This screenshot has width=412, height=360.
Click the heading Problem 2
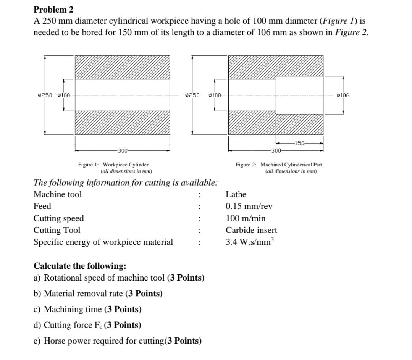tap(48, 9)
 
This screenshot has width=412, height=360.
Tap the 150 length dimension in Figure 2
tap(300, 144)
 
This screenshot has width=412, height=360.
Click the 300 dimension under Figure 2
tap(276, 150)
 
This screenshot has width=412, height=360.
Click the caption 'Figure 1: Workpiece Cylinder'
tap(113, 165)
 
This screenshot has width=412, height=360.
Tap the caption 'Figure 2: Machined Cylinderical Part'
tap(279, 165)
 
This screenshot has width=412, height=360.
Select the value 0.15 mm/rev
tap(249, 207)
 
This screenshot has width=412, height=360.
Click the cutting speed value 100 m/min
tap(246, 219)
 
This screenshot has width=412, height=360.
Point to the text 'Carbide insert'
tap(251, 230)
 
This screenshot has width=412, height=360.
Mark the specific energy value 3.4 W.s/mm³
tap(250, 242)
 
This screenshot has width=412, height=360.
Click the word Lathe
tap(236, 194)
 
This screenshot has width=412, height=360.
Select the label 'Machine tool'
tap(58, 194)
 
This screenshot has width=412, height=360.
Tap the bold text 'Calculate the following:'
tap(80, 266)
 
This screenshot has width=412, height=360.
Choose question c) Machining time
tap(87, 309)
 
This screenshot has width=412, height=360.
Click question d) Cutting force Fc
tap(87, 325)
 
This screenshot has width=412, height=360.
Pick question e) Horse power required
tap(118, 341)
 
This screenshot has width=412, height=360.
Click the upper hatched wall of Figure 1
tap(122, 67)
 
